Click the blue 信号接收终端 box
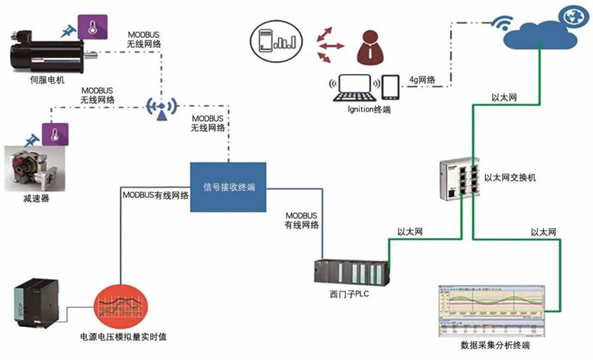click(x=228, y=187)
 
